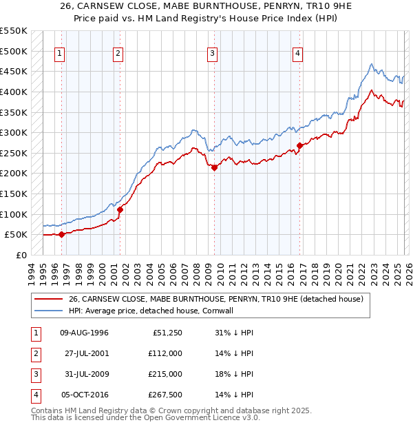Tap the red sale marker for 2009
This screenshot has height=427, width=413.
pyautogui.click(x=214, y=167)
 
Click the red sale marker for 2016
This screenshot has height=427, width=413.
pyautogui.click(x=299, y=145)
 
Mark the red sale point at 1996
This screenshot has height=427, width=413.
pyautogui.click(x=62, y=234)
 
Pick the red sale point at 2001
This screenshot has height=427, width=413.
pyautogui.click(x=120, y=209)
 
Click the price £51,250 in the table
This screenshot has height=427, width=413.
pyautogui.click(x=166, y=332)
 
